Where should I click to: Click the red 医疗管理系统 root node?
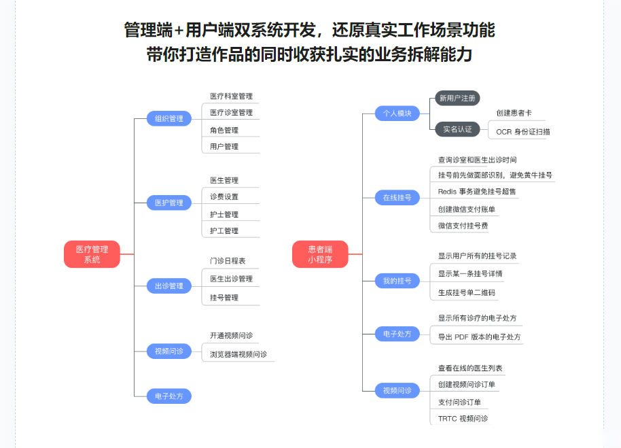point(92,254)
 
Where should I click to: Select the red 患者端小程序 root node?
point(320,254)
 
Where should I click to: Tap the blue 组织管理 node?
point(169,118)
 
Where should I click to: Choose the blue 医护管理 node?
point(169,203)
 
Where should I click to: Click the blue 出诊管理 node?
point(169,286)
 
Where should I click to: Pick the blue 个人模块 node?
point(397,114)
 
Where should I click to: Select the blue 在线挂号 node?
point(397,198)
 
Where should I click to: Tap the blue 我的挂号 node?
point(397,281)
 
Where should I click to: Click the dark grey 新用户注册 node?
point(457,98)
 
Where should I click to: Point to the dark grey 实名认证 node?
point(457,129)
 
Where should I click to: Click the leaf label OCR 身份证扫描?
point(523,132)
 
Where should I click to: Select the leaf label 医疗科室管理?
point(231,97)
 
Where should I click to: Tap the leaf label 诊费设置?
point(224,197)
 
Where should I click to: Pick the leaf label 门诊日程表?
point(228,261)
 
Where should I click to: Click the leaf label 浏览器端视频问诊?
point(238,354)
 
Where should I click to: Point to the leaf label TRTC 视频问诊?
point(463,419)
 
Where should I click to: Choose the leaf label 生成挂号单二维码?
point(467,293)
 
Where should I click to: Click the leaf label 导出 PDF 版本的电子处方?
point(479,337)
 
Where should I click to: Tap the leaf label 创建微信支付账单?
point(467,209)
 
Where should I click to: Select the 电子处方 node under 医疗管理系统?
point(169,396)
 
